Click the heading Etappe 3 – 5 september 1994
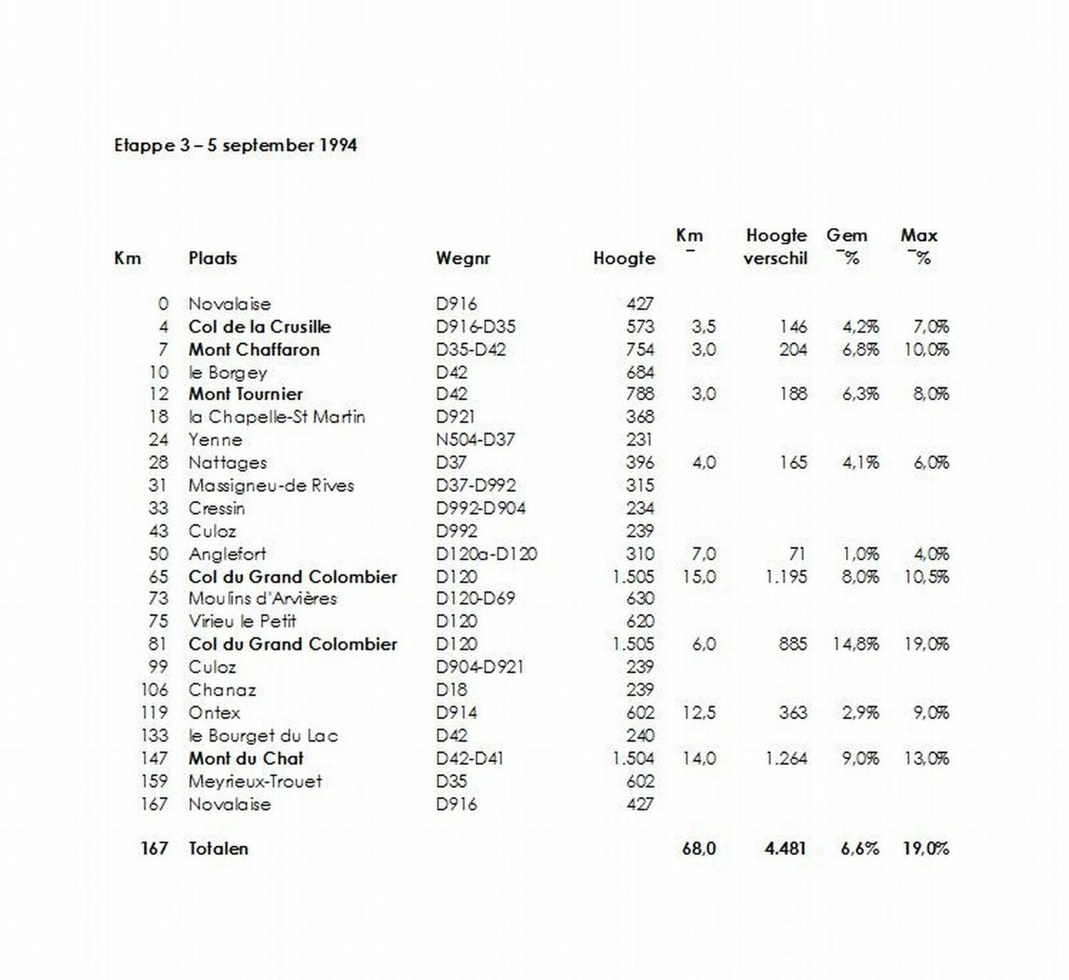(x=235, y=146)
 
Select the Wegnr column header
(x=462, y=259)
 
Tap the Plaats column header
(x=212, y=259)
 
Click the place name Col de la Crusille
(x=259, y=327)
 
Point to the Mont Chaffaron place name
(x=254, y=350)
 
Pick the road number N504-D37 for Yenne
(x=475, y=439)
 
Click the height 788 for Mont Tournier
(x=639, y=394)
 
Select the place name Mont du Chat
(x=246, y=759)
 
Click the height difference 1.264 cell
(x=786, y=759)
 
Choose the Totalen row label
(x=218, y=849)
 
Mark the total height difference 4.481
(x=785, y=849)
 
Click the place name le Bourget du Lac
(x=263, y=736)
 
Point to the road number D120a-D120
(x=486, y=554)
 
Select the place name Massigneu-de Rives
(x=271, y=485)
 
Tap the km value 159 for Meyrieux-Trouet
(x=154, y=782)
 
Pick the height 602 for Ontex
(x=639, y=713)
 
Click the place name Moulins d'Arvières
(x=262, y=599)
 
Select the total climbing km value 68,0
(x=698, y=849)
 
